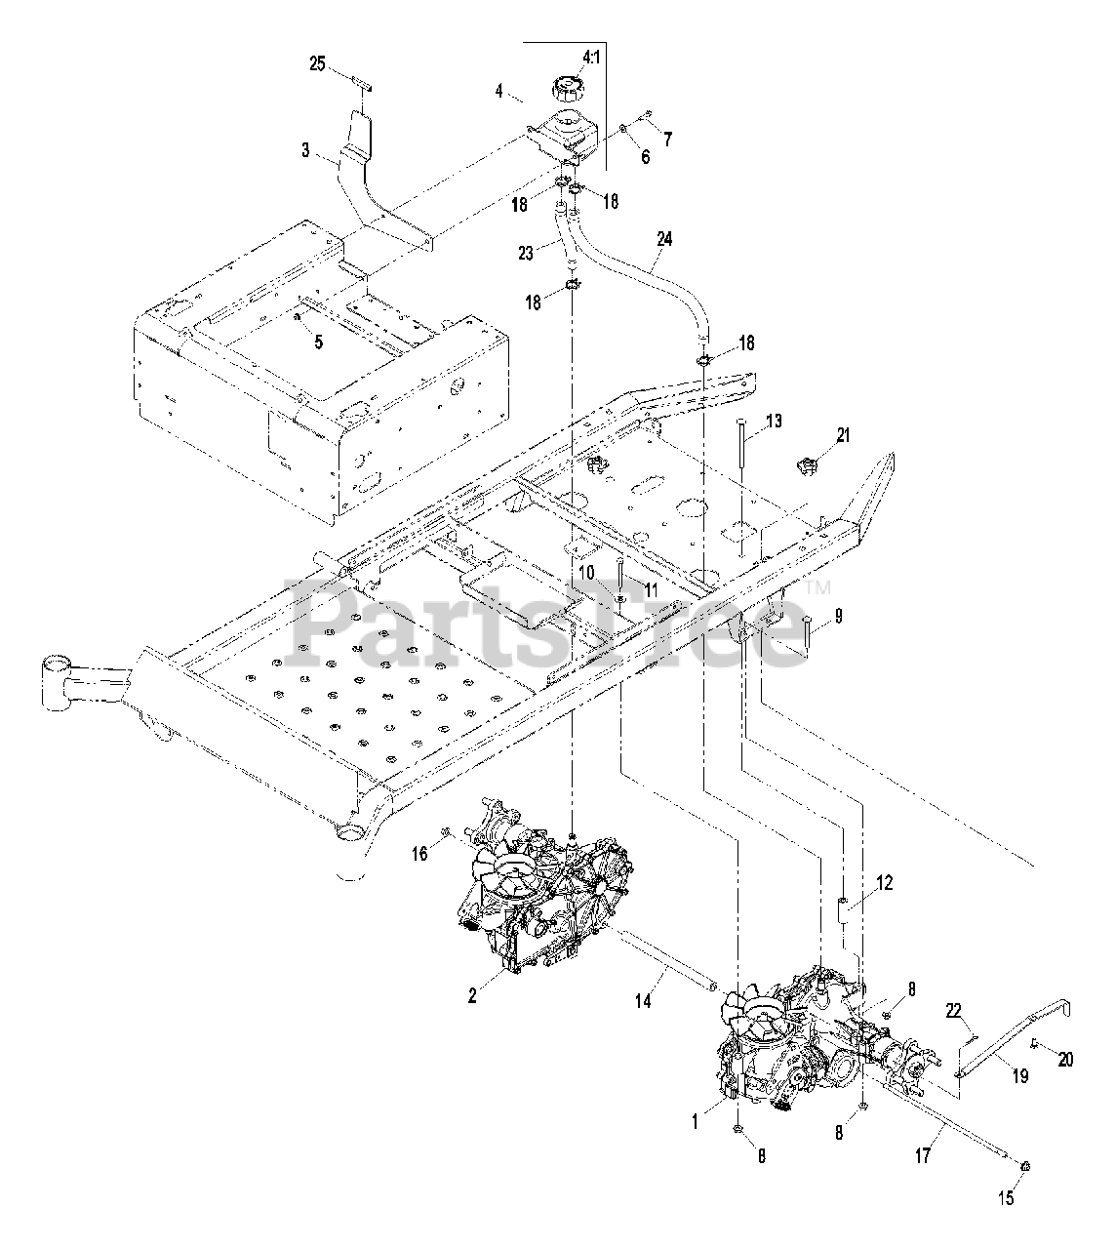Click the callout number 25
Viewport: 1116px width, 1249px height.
tap(317, 63)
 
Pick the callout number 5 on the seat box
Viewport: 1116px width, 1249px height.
tap(317, 342)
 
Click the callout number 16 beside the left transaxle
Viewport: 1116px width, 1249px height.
tap(419, 855)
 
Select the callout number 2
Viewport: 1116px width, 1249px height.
tap(472, 995)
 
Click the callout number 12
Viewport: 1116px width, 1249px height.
tap(885, 882)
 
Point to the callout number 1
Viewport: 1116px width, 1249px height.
tap(696, 1122)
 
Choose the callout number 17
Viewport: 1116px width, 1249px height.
tap(923, 1156)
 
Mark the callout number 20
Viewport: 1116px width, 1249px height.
tap(1065, 1060)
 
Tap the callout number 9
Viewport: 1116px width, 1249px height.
tap(838, 616)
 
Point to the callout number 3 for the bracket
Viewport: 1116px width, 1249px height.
tap(305, 150)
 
